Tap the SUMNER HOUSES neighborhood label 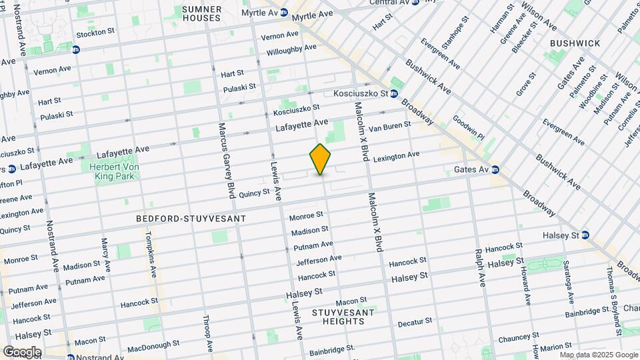[x=201, y=13]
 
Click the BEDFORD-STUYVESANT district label [x=191, y=219]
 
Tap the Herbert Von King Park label [x=112, y=171]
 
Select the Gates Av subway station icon [x=496, y=170]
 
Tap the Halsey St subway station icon [x=585, y=235]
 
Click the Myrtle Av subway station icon [x=283, y=13]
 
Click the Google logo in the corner [x=22, y=351]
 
